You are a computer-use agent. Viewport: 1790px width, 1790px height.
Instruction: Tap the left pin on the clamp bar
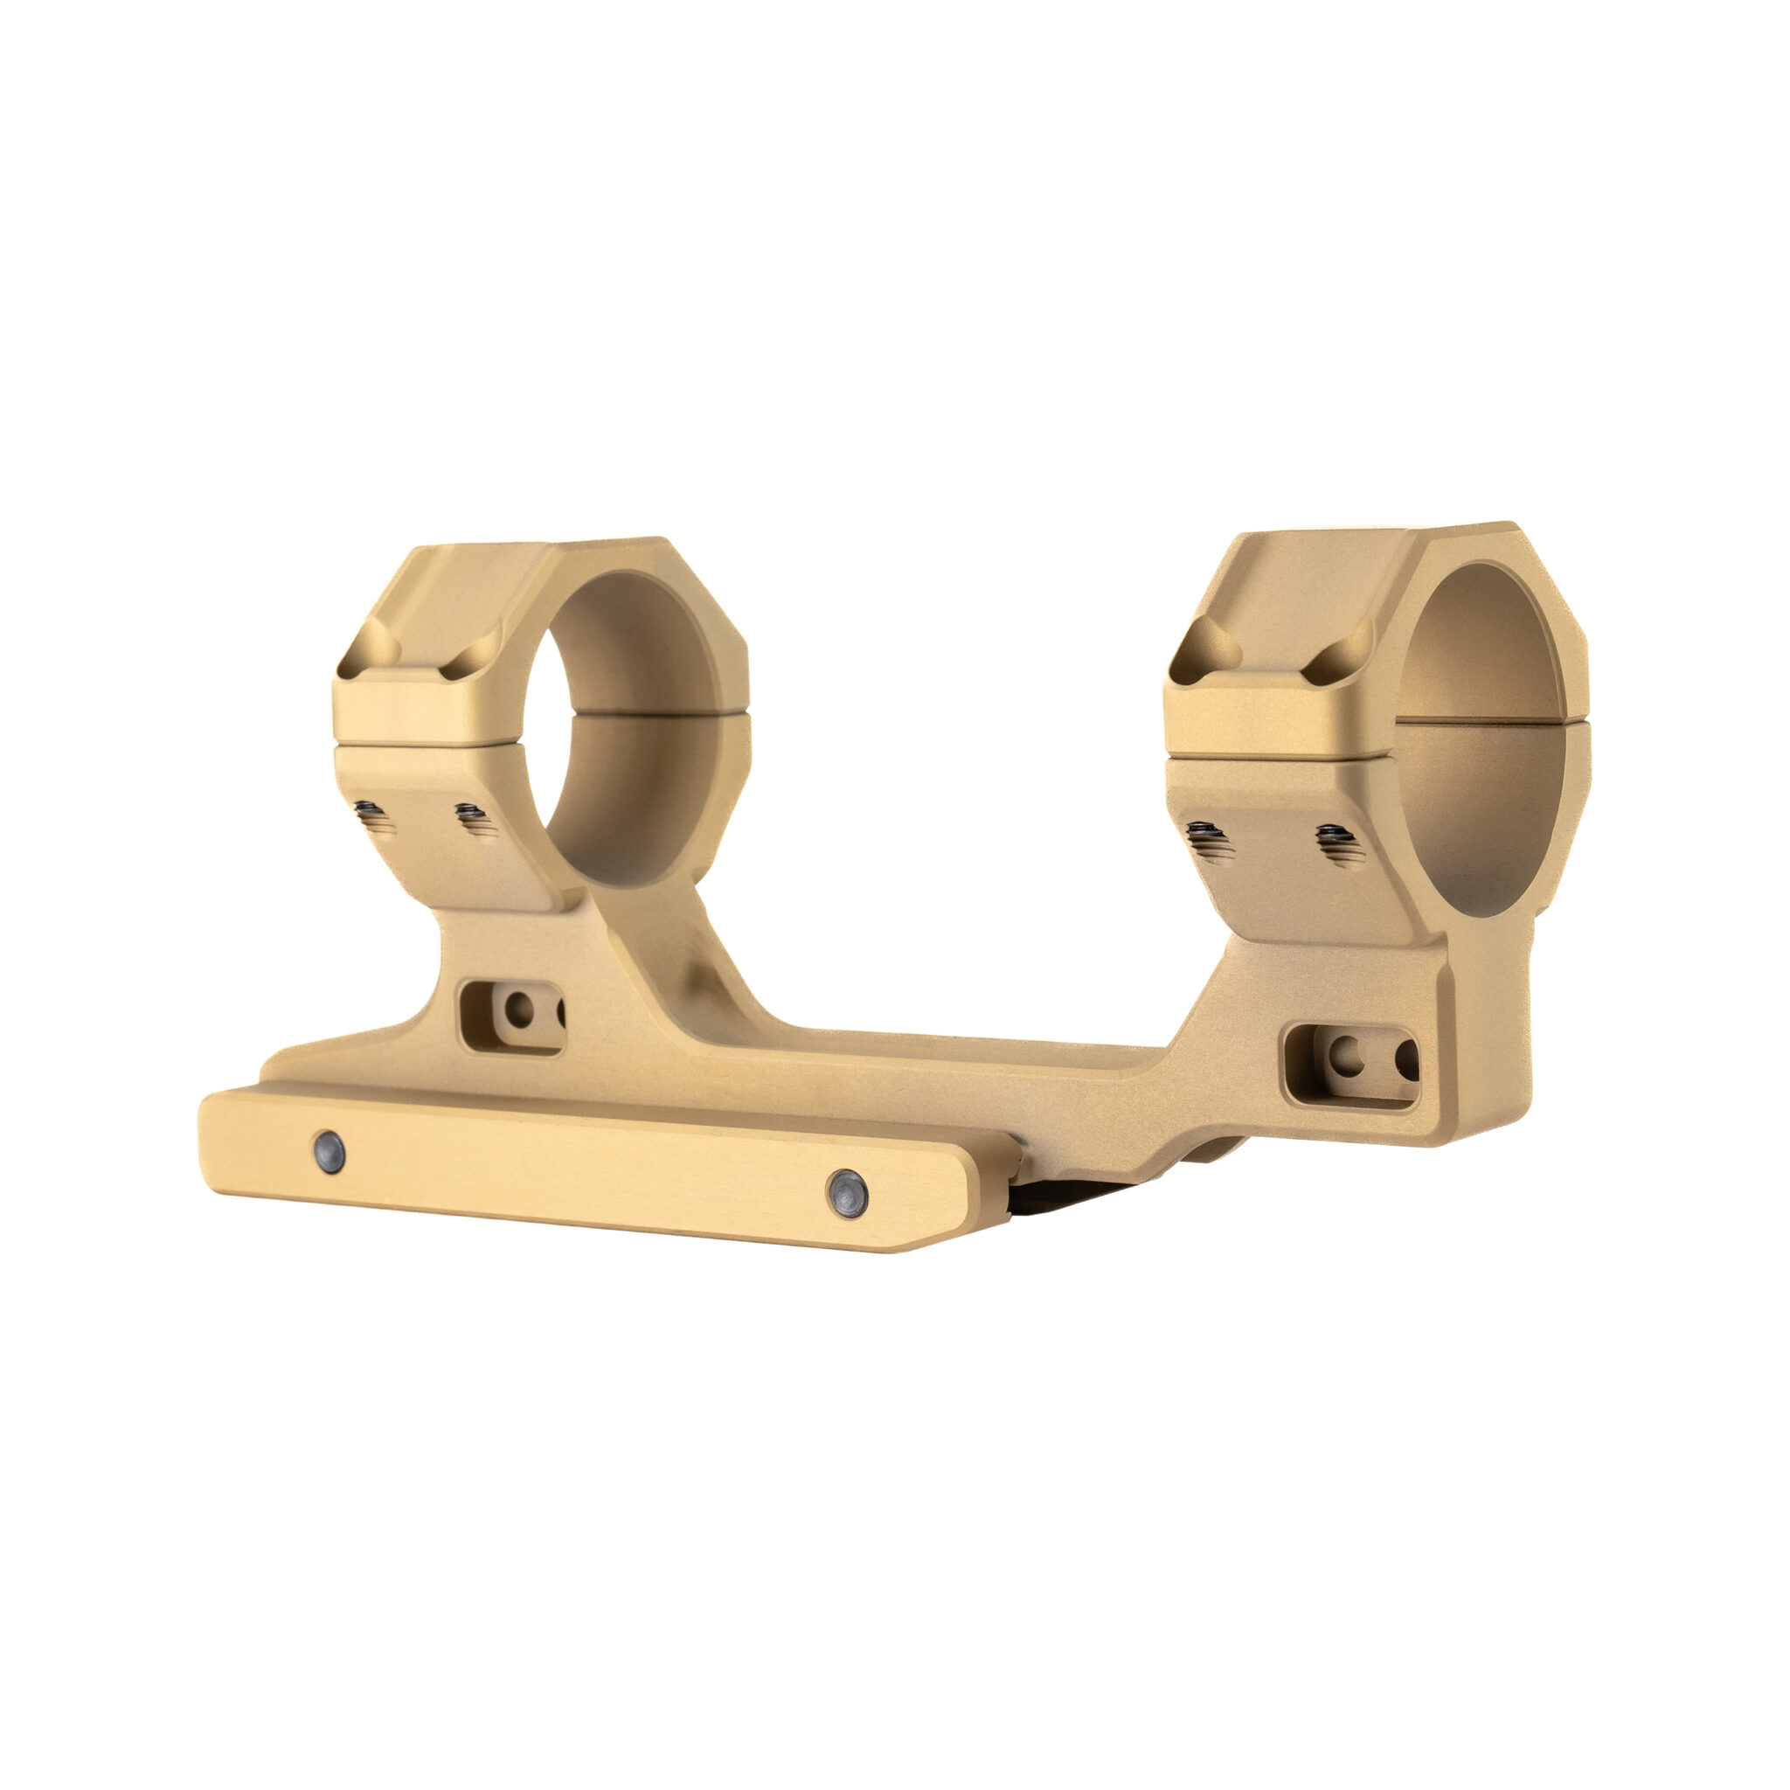coord(329,1152)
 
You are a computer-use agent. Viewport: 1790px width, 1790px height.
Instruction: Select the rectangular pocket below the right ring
coord(1352,1065)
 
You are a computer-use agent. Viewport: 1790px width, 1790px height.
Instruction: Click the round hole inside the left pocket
coord(519,1009)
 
